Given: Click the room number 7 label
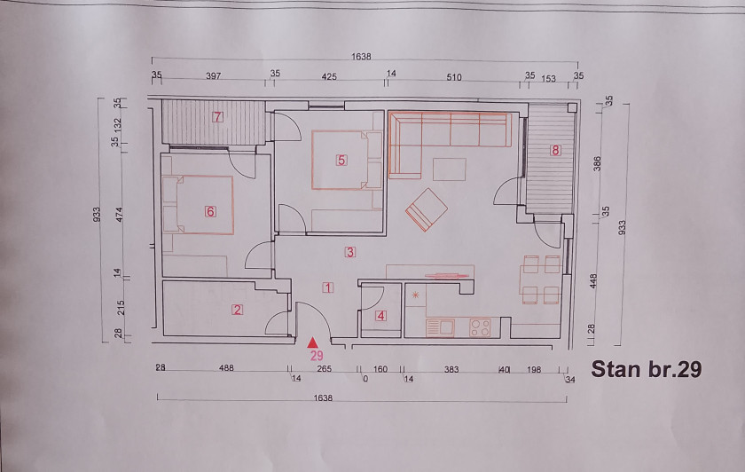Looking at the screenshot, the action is pyautogui.click(x=217, y=116).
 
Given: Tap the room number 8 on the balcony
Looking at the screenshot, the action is pyautogui.click(x=555, y=150).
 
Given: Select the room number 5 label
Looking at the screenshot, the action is pyautogui.click(x=341, y=161).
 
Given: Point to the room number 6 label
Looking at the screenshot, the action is pyautogui.click(x=210, y=211).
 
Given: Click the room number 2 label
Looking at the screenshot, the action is pyautogui.click(x=237, y=310).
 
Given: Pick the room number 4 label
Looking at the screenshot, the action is pyautogui.click(x=380, y=316).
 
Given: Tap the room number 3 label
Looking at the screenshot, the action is pyautogui.click(x=350, y=252).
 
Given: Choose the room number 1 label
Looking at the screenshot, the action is pyautogui.click(x=328, y=287).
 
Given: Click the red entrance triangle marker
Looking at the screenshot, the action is pyautogui.click(x=312, y=342).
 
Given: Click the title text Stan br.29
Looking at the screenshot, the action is pyautogui.click(x=647, y=369).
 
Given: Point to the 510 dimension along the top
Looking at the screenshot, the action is pyautogui.click(x=454, y=77).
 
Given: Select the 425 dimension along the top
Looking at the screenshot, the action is pyautogui.click(x=329, y=76).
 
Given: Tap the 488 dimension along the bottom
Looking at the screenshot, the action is pyautogui.click(x=226, y=368).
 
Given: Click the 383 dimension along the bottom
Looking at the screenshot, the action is pyautogui.click(x=451, y=369).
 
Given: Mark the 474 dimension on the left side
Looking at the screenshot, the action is pyautogui.click(x=119, y=215).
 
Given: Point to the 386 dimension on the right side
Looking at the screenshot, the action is pyautogui.click(x=597, y=163).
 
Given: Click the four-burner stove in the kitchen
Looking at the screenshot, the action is pyautogui.click(x=480, y=328).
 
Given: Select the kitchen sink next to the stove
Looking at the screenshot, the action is pyautogui.click(x=441, y=328).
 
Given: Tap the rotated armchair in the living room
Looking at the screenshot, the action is pyautogui.click(x=427, y=209).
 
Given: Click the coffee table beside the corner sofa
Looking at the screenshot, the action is pyautogui.click(x=449, y=169).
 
